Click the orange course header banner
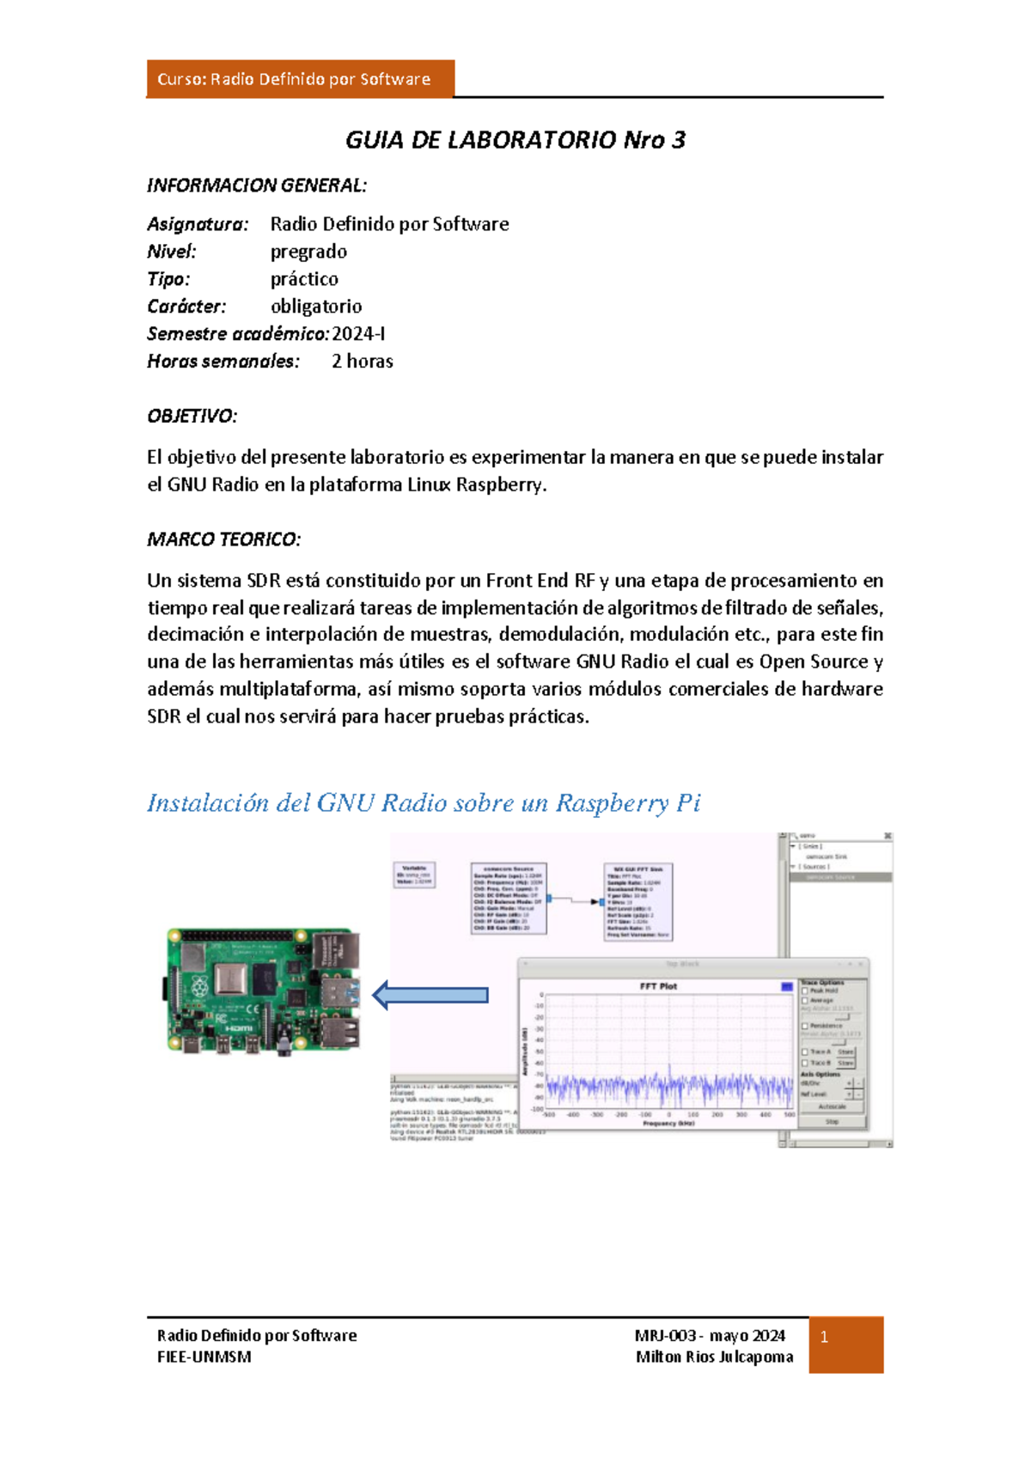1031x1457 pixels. pos(300,79)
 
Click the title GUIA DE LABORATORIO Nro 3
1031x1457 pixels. pos(515,140)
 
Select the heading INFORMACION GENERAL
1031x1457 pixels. pos(257,186)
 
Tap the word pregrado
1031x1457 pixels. pos(308,252)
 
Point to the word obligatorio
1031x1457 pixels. pos(316,307)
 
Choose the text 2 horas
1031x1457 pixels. pos(363,362)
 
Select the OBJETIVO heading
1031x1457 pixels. pos(192,417)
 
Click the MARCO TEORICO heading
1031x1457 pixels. pos(223,540)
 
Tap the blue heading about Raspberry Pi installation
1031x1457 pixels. pos(424,803)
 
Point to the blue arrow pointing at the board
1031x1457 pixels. pos(430,995)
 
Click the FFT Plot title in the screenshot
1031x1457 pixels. pos(658,986)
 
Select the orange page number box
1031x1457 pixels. pos(845,1344)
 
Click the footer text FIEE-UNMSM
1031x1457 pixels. pos(204,1357)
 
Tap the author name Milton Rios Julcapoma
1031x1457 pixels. pos(714,1357)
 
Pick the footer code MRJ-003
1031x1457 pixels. pos(665,1336)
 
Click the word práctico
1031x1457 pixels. pos(304,279)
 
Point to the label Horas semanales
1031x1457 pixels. pos(223,362)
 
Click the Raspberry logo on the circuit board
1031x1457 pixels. pos(200,986)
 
